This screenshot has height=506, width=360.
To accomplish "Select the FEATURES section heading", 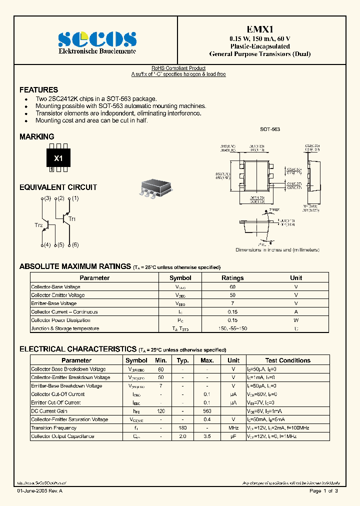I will tap(38, 90).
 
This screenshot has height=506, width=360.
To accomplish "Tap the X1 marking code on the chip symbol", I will tap(58, 158).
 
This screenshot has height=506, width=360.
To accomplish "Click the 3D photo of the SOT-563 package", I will tap(155, 187).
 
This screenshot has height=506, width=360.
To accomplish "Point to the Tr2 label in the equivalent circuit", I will tap(38, 225).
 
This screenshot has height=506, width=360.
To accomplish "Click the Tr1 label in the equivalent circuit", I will tap(72, 219).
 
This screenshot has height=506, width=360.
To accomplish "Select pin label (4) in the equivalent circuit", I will tap(47, 245).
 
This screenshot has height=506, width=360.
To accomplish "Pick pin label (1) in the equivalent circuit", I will tap(75, 198).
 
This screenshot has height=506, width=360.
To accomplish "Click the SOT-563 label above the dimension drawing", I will tap(269, 129).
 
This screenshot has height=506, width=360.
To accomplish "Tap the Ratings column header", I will tap(232, 278).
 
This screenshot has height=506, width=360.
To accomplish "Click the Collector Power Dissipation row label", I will tap(60, 320).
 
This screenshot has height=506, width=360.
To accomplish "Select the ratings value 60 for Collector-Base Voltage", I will tap(232, 286).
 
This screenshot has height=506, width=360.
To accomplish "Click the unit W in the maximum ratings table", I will tap(296, 320).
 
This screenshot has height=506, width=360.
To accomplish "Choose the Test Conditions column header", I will tap(287, 360).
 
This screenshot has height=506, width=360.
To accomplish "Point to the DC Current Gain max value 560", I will tap(207, 411).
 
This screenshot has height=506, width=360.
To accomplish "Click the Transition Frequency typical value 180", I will tap(182, 428).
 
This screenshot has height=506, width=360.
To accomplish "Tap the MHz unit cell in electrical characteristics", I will tap(233, 428).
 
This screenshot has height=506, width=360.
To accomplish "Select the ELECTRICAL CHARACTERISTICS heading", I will tap(77, 349).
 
